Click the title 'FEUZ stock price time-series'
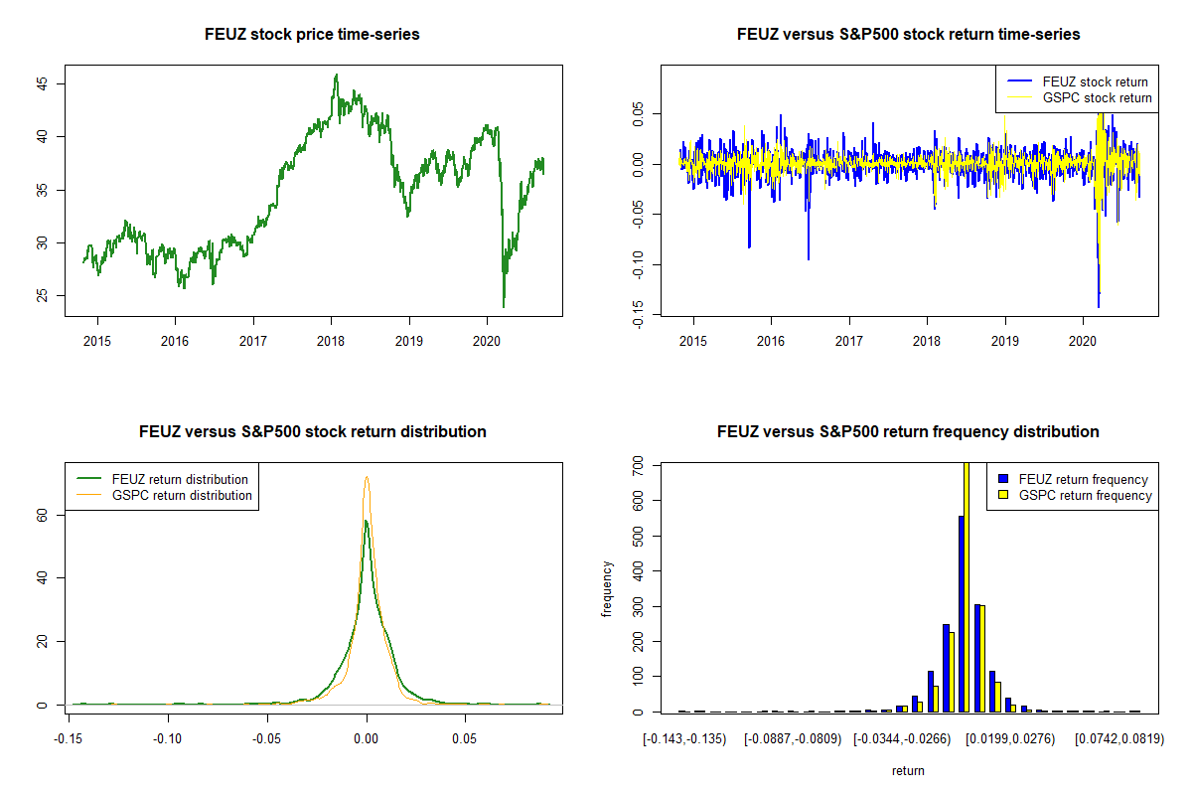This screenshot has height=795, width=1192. (x=312, y=35)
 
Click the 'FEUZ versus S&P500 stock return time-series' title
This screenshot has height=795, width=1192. (x=908, y=35)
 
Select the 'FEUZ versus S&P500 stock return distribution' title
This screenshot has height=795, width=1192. (x=312, y=432)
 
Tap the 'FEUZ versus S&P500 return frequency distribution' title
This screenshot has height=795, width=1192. (x=908, y=432)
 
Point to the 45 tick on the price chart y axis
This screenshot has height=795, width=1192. (x=45, y=83)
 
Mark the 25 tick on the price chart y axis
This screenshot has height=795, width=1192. (x=45, y=296)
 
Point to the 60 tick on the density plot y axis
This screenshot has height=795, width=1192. (x=45, y=514)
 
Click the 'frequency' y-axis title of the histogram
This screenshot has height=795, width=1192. (x=608, y=588)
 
